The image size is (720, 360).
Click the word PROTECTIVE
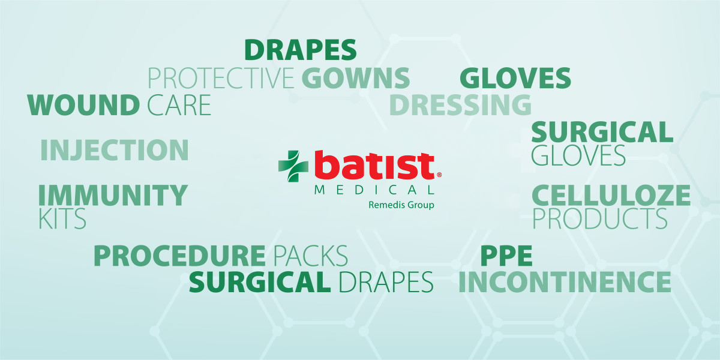pos(221,78)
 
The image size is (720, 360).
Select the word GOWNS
pos(355,78)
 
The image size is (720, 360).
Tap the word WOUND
pos(83,105)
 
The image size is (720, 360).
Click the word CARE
pos(179,105)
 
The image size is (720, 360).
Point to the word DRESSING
pos(460,105)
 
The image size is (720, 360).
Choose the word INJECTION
pos(115,150)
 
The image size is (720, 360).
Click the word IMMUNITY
pos(113,195)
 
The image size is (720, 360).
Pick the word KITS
pos(62,218)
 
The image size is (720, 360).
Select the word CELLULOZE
pos(611,195)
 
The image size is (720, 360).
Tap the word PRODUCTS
pos(600,218)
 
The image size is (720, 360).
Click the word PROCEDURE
pos(179,256)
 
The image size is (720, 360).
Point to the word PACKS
pos(311,256)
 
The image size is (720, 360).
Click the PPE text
pos(506,256)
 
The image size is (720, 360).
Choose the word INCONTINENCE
pos(565,282)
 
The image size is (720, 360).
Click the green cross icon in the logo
pos(293,166)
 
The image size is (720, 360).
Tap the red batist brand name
pos(374,165)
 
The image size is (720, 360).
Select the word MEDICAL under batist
pos(374,190)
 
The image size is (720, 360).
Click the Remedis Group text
pos(401,205)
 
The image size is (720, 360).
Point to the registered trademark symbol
pos(439,175)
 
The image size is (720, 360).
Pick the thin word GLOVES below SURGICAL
pos(578,155)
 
